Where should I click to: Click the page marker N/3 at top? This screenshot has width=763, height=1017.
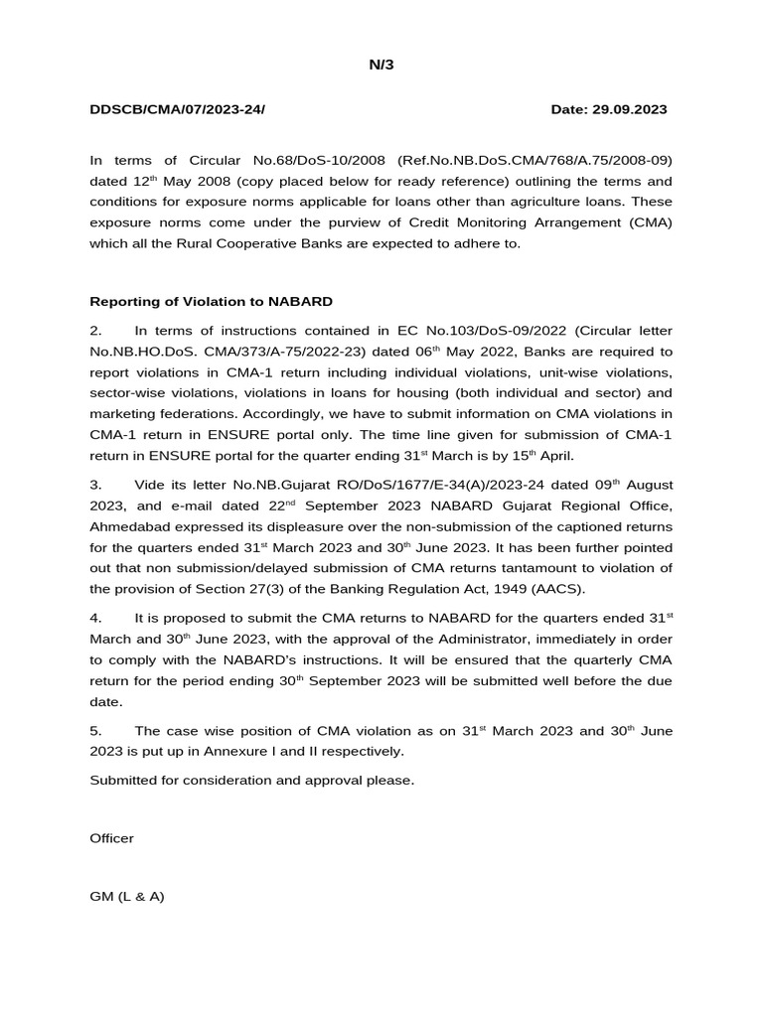(x=381, y=66)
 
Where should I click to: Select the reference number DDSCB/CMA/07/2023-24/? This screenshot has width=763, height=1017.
(x=178, y=108)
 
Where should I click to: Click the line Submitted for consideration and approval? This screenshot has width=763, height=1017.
(x=252, y=780)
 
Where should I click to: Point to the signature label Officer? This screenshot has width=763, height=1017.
(x=112, y=838)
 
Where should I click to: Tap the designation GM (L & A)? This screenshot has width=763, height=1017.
(x=127, y=896)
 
